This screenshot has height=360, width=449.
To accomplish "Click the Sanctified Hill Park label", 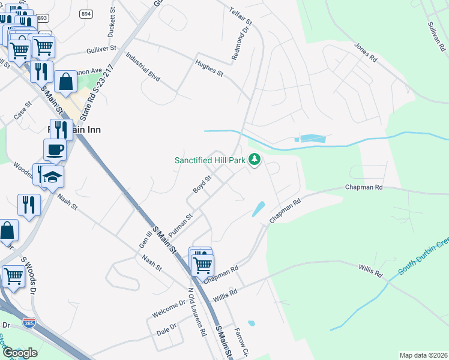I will click(209, 161).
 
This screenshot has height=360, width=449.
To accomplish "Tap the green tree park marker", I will click(256, 160).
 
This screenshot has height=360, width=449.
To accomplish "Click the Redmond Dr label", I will click(239, 44).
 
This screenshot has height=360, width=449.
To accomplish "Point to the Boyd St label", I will click(203, 184).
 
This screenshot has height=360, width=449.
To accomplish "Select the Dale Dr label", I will click(166, 329).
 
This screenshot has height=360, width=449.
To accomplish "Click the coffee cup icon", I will click(55, 149).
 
